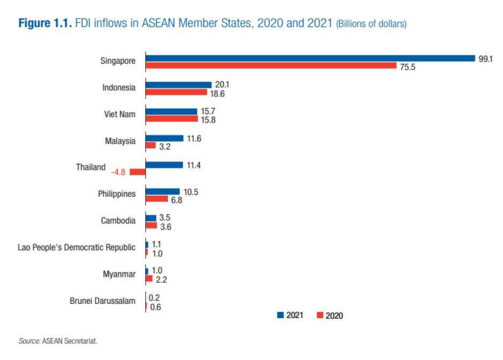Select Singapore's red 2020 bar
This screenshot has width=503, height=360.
[271, 66]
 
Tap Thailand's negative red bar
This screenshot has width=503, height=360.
[138, 172]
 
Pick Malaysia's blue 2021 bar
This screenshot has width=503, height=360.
[164, 138]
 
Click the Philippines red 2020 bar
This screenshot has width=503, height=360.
[156, 199]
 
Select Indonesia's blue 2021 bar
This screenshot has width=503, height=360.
[179, 85]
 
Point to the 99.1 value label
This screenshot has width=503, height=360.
[485, 59]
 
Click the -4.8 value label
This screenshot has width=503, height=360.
[118, 172]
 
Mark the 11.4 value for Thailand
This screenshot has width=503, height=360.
[193, 165]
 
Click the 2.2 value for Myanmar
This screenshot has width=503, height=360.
[161, 279]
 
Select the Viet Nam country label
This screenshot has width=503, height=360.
[119, 115]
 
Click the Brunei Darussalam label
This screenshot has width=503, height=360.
[102, 301]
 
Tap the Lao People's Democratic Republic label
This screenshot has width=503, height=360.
[77, 247]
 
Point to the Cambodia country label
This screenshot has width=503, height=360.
[118, 221]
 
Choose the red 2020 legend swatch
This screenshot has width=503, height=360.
[320, 315]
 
